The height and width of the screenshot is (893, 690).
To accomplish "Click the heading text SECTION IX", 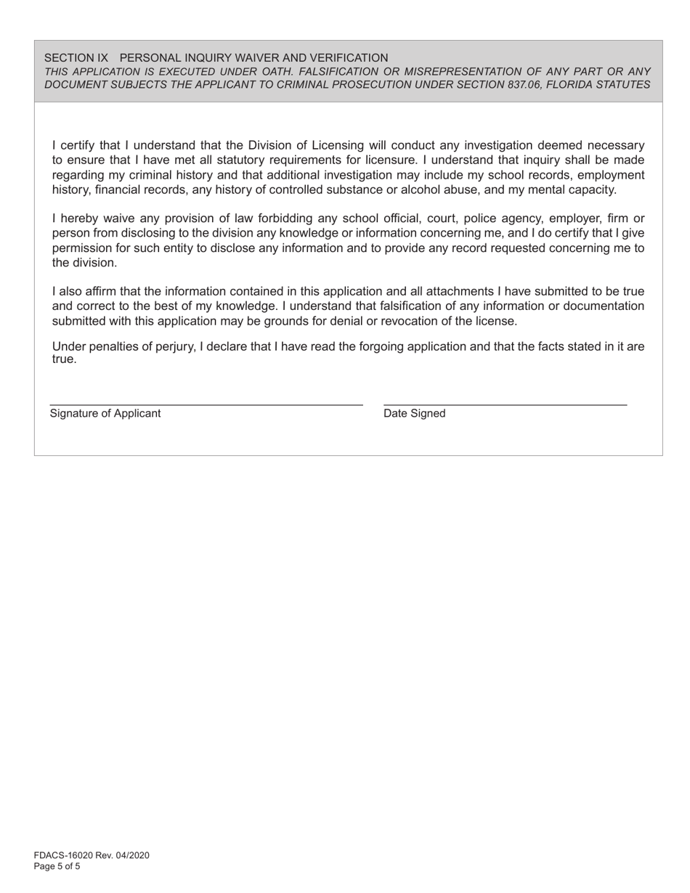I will point(76,57).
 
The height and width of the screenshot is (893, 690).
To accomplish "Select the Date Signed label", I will point(415,413).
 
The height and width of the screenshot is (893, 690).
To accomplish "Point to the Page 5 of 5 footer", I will point(57,866).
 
